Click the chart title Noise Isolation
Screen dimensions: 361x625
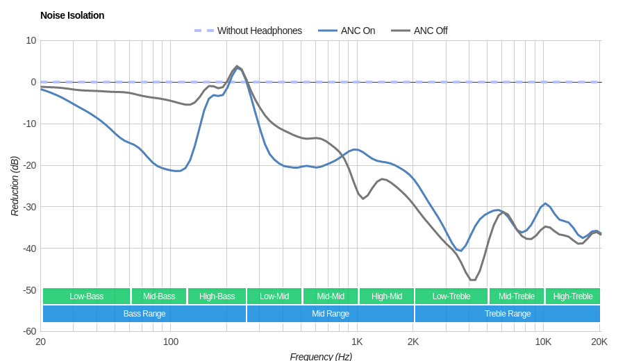72,15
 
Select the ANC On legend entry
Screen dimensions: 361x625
357,31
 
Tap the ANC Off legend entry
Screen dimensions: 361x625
430,31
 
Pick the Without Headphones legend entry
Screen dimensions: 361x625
259,31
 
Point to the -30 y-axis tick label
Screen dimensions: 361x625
28,207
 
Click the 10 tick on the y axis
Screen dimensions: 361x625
31,40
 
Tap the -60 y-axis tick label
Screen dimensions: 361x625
28,331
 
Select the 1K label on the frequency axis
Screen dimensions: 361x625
357,342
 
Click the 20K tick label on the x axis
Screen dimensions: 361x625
599,342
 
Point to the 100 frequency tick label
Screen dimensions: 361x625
171,342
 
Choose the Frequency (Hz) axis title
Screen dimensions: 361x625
321,356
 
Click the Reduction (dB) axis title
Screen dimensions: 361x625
15,186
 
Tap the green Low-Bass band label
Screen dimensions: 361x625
86,296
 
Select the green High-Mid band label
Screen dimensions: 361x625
387,296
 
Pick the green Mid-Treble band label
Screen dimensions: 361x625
517,296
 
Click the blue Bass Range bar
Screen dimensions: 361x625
144,314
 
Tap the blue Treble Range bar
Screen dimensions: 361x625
508,314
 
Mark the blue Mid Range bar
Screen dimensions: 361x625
331,314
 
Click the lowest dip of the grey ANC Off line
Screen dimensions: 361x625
473,280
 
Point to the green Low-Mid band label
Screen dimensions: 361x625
274,296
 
